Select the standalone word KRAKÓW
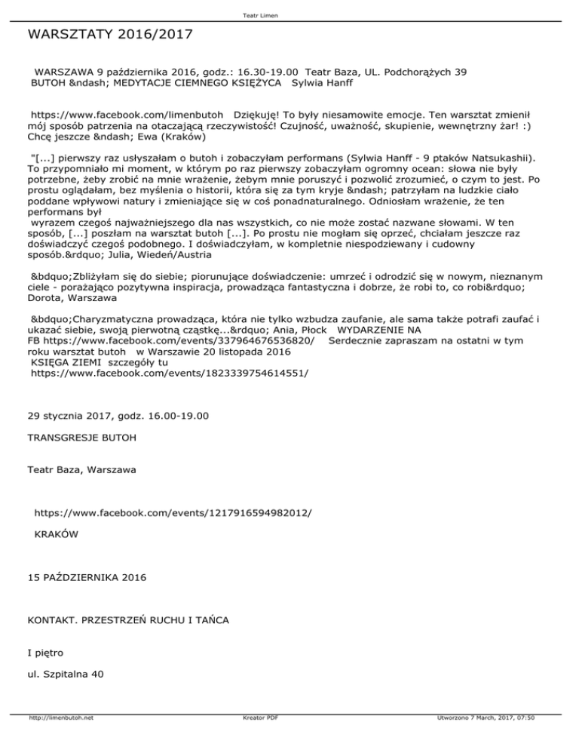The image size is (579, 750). point(56,534)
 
